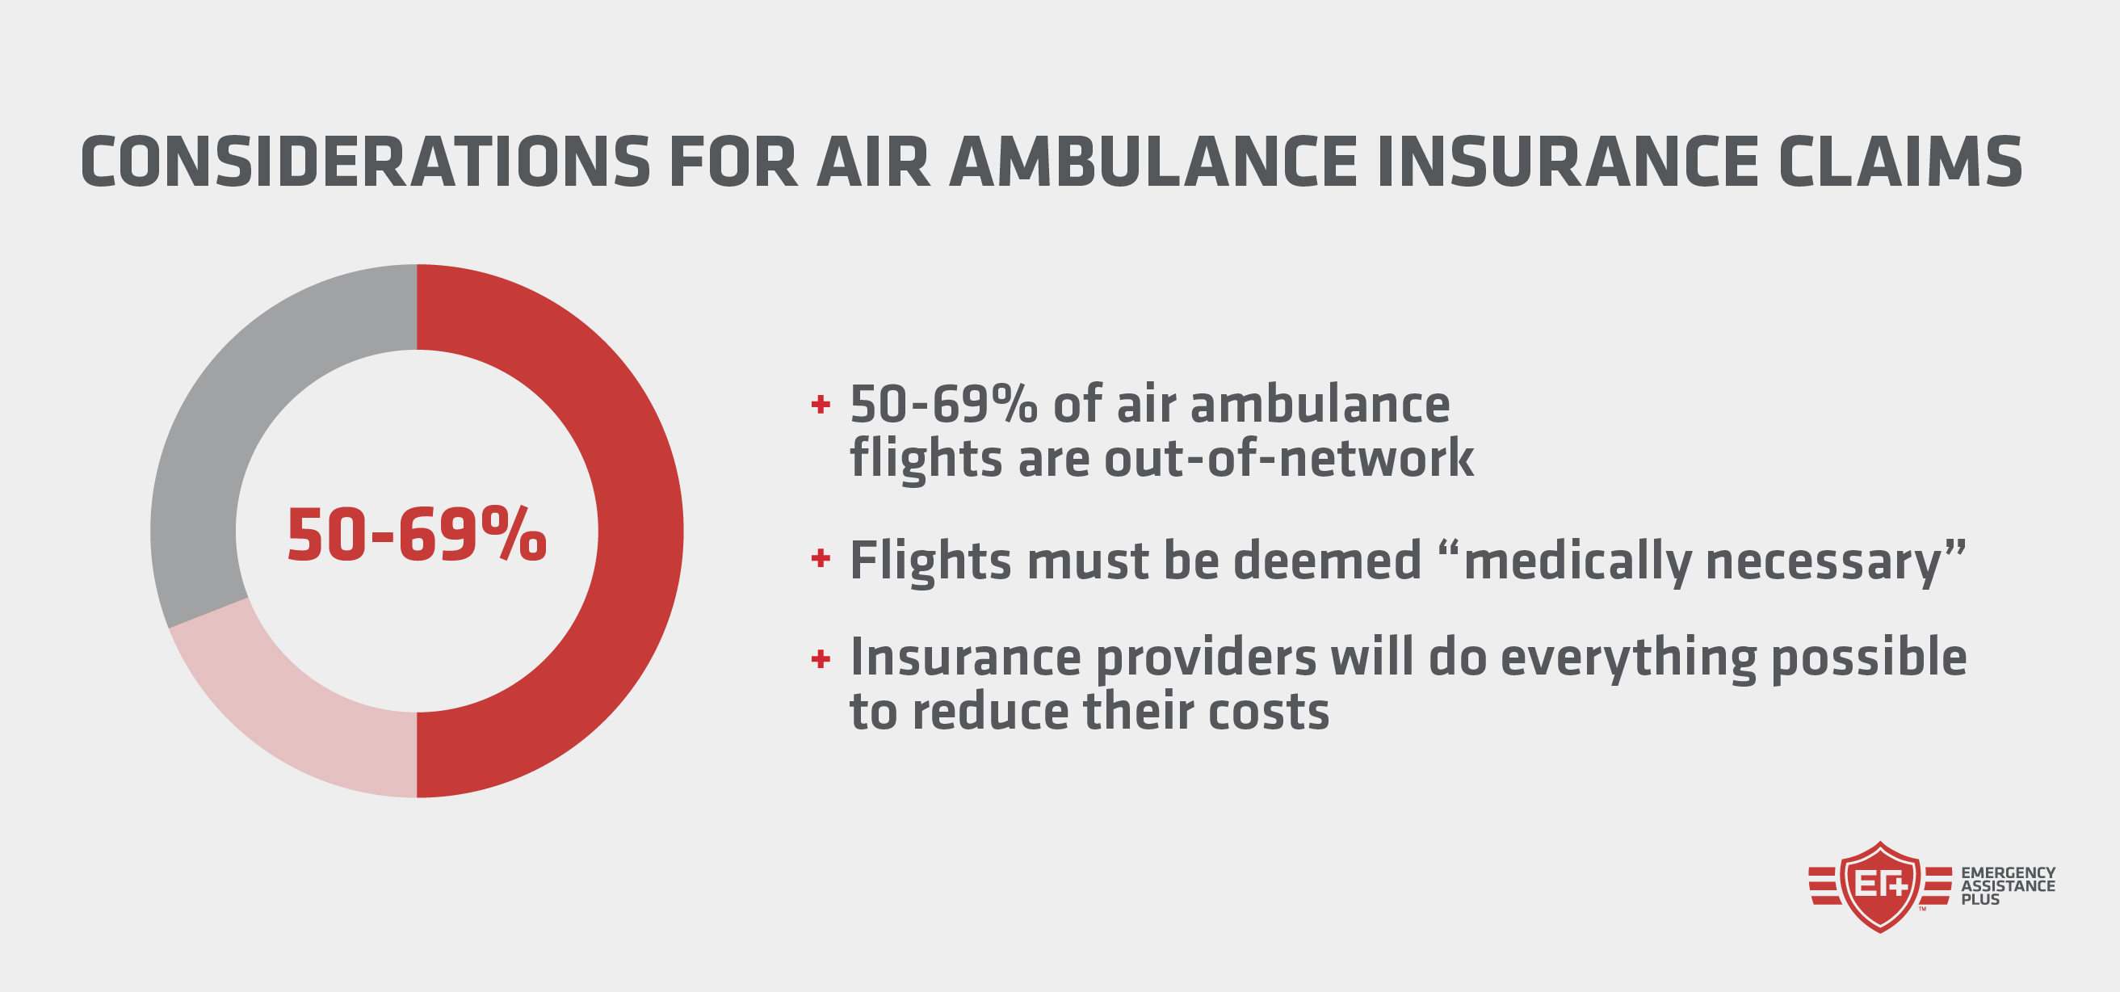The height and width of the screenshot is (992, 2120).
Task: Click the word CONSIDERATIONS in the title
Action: pos(365,162)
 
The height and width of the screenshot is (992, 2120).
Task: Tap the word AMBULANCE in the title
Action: pos(1153,162)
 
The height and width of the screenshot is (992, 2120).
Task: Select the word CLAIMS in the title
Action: pos(1900,162)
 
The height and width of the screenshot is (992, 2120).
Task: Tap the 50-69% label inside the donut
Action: pos(417,536)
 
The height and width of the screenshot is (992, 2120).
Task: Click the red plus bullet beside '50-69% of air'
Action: pos(820,404)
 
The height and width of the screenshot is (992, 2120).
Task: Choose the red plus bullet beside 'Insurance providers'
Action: pos(820,658)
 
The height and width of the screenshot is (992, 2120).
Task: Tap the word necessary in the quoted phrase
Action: pos(1824,561)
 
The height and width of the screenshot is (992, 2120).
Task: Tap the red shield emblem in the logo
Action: pos(1879,887)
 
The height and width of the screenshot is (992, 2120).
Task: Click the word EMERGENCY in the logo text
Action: pos(2008,872)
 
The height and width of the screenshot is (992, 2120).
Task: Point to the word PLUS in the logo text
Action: pos(1980,900)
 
